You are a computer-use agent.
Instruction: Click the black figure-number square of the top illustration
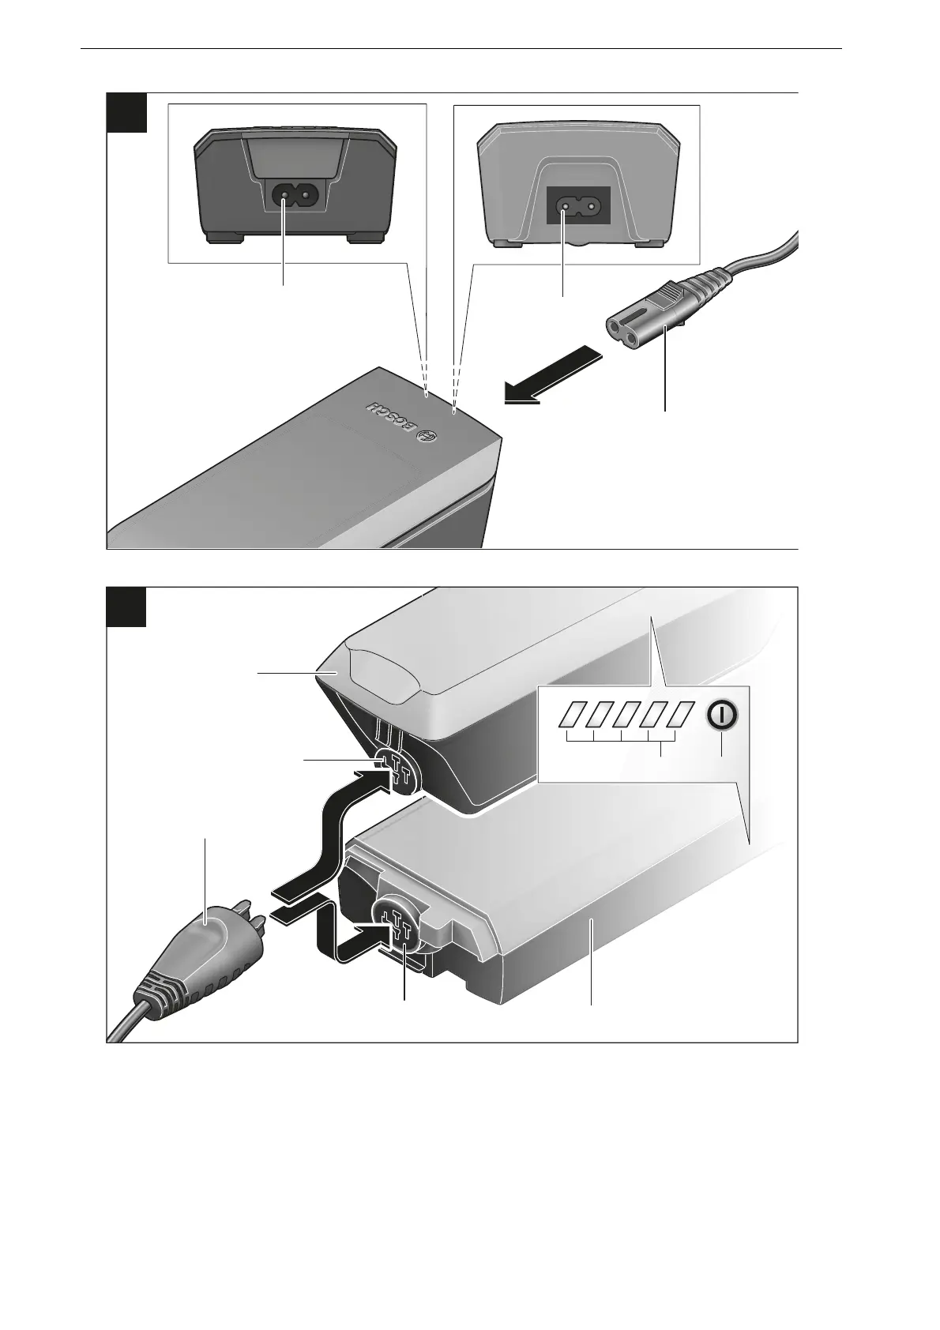[x=126, y=112]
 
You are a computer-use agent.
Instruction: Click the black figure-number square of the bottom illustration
[x=126, y=607]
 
